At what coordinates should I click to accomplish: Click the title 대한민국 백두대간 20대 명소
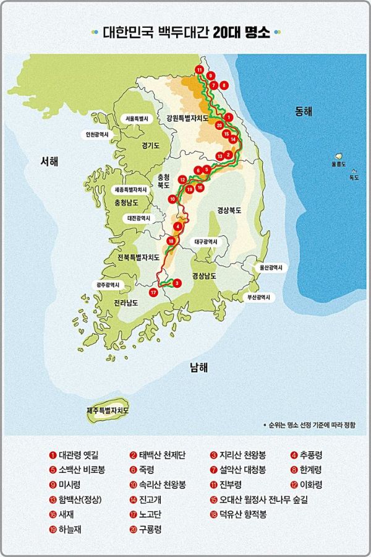(x=185, y=33)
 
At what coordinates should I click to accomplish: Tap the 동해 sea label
(x=304, y=111)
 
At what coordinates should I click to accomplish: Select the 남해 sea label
(x=199, y=368)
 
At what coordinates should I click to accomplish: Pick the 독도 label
(x=354, y=177)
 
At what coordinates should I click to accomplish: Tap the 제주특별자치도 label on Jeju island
(x=108, y=410)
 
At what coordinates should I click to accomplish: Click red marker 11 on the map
(x=199, y=69)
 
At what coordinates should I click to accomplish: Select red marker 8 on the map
(x=224, y=84)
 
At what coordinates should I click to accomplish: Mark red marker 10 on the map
(x=173, y=199)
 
